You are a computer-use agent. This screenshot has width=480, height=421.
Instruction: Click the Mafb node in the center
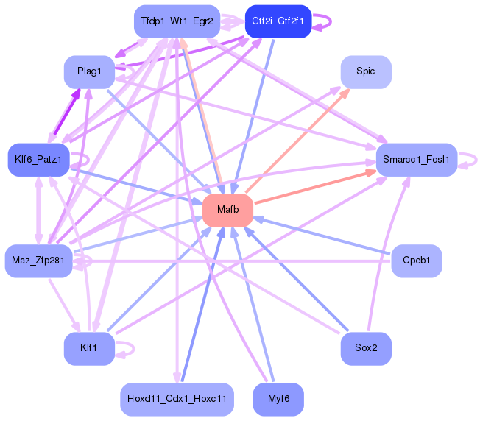227,210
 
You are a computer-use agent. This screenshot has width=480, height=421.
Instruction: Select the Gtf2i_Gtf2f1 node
278,21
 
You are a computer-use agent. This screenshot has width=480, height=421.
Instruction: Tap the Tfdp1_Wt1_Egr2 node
177,21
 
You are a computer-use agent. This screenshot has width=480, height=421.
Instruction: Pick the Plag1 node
89,71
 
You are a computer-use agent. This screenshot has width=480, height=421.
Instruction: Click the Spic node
365,71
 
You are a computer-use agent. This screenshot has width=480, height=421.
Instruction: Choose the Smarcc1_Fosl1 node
417,159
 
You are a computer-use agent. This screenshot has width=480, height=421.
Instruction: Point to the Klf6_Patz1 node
37,159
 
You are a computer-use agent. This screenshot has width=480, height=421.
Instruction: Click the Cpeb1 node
417,260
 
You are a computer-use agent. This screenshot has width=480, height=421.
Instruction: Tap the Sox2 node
365,347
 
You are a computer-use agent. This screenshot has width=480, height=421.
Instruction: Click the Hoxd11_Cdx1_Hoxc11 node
177,398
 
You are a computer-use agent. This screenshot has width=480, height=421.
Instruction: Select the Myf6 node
278,398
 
